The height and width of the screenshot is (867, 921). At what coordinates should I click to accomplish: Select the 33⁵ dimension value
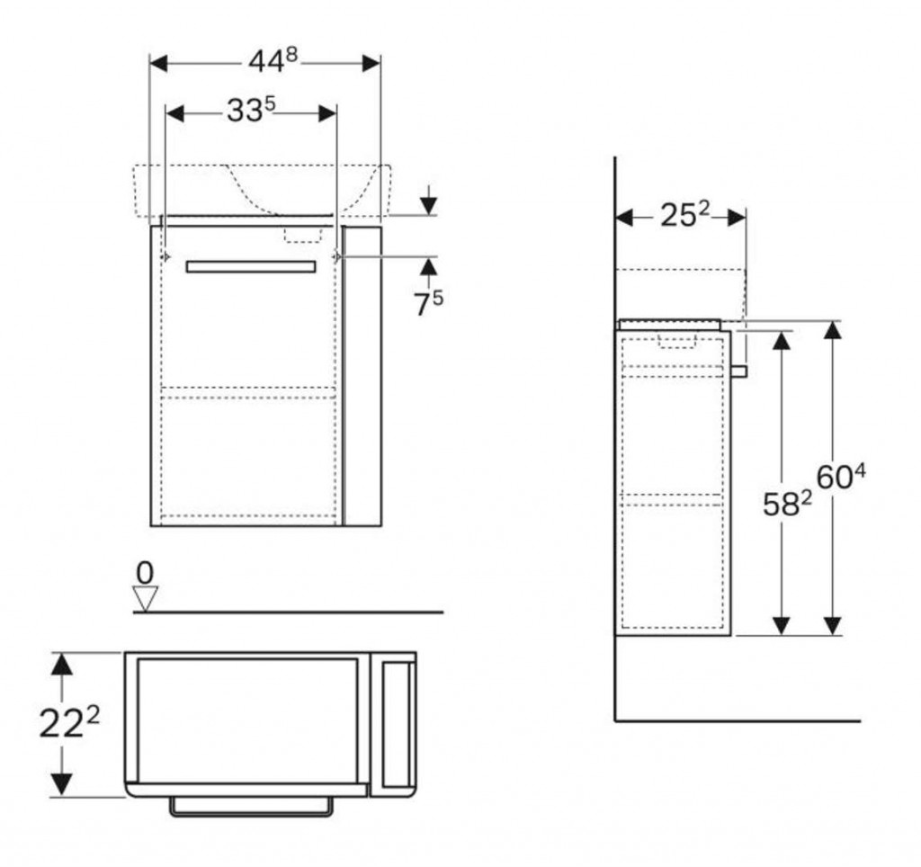click(250, 112)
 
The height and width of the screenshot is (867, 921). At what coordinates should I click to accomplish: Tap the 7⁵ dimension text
click(428, 302)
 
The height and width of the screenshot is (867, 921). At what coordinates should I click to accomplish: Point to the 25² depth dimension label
click(685, 216)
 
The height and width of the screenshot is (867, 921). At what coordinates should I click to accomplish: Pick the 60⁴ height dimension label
click(841, 477)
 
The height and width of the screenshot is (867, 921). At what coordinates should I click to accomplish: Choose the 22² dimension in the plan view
click(67, 724)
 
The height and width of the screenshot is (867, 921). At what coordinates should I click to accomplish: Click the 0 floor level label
click(145, 572)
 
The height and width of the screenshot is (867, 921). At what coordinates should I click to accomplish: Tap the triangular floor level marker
click(145, 598)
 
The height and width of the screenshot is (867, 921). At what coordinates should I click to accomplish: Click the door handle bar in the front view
click(251, 266)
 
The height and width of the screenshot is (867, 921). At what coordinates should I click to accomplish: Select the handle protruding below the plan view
click(251, 808)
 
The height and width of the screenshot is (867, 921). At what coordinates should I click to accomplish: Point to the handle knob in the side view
click(739, 371)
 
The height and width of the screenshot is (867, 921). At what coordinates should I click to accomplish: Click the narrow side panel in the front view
click(362, 376)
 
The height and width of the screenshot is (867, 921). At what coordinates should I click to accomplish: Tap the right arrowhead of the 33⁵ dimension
click(326, 112)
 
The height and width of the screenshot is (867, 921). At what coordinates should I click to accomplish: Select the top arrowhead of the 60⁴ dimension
click(833, 330)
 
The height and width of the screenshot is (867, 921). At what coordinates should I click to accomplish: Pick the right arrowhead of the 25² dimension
click(735, 217)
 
